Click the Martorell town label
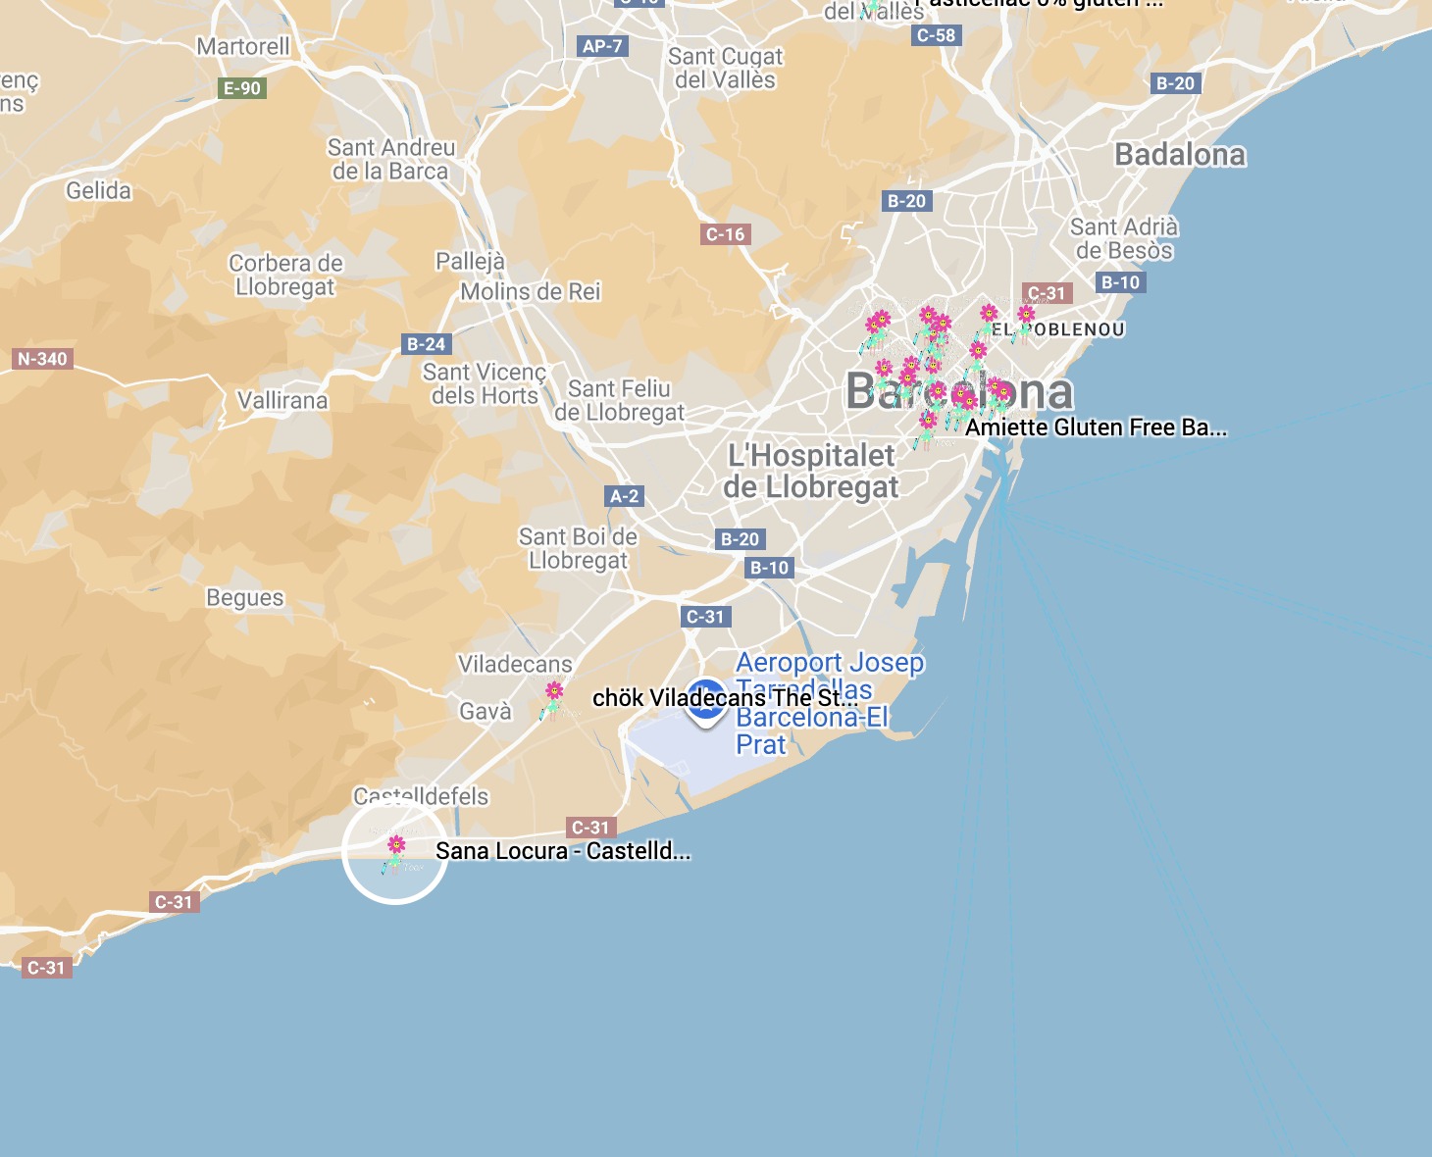coord(243,46)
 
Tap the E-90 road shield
coord(242,88)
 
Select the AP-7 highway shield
coord(602,46)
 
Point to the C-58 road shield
coord(936,35)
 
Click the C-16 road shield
coord(726,234)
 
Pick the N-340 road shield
coord(42,359)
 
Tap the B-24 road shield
coord(427,344)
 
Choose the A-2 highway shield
coord(625,496)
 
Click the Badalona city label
coord(1180,155)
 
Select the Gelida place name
coord(98,190)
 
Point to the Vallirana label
coord(282,400)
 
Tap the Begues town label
coord(244,598)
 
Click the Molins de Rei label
coord(531,291)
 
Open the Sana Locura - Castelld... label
coord(563,851)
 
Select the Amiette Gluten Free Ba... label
coord(1096,428)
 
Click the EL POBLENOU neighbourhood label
coord(1058,329)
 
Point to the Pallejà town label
coord(470,262)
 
